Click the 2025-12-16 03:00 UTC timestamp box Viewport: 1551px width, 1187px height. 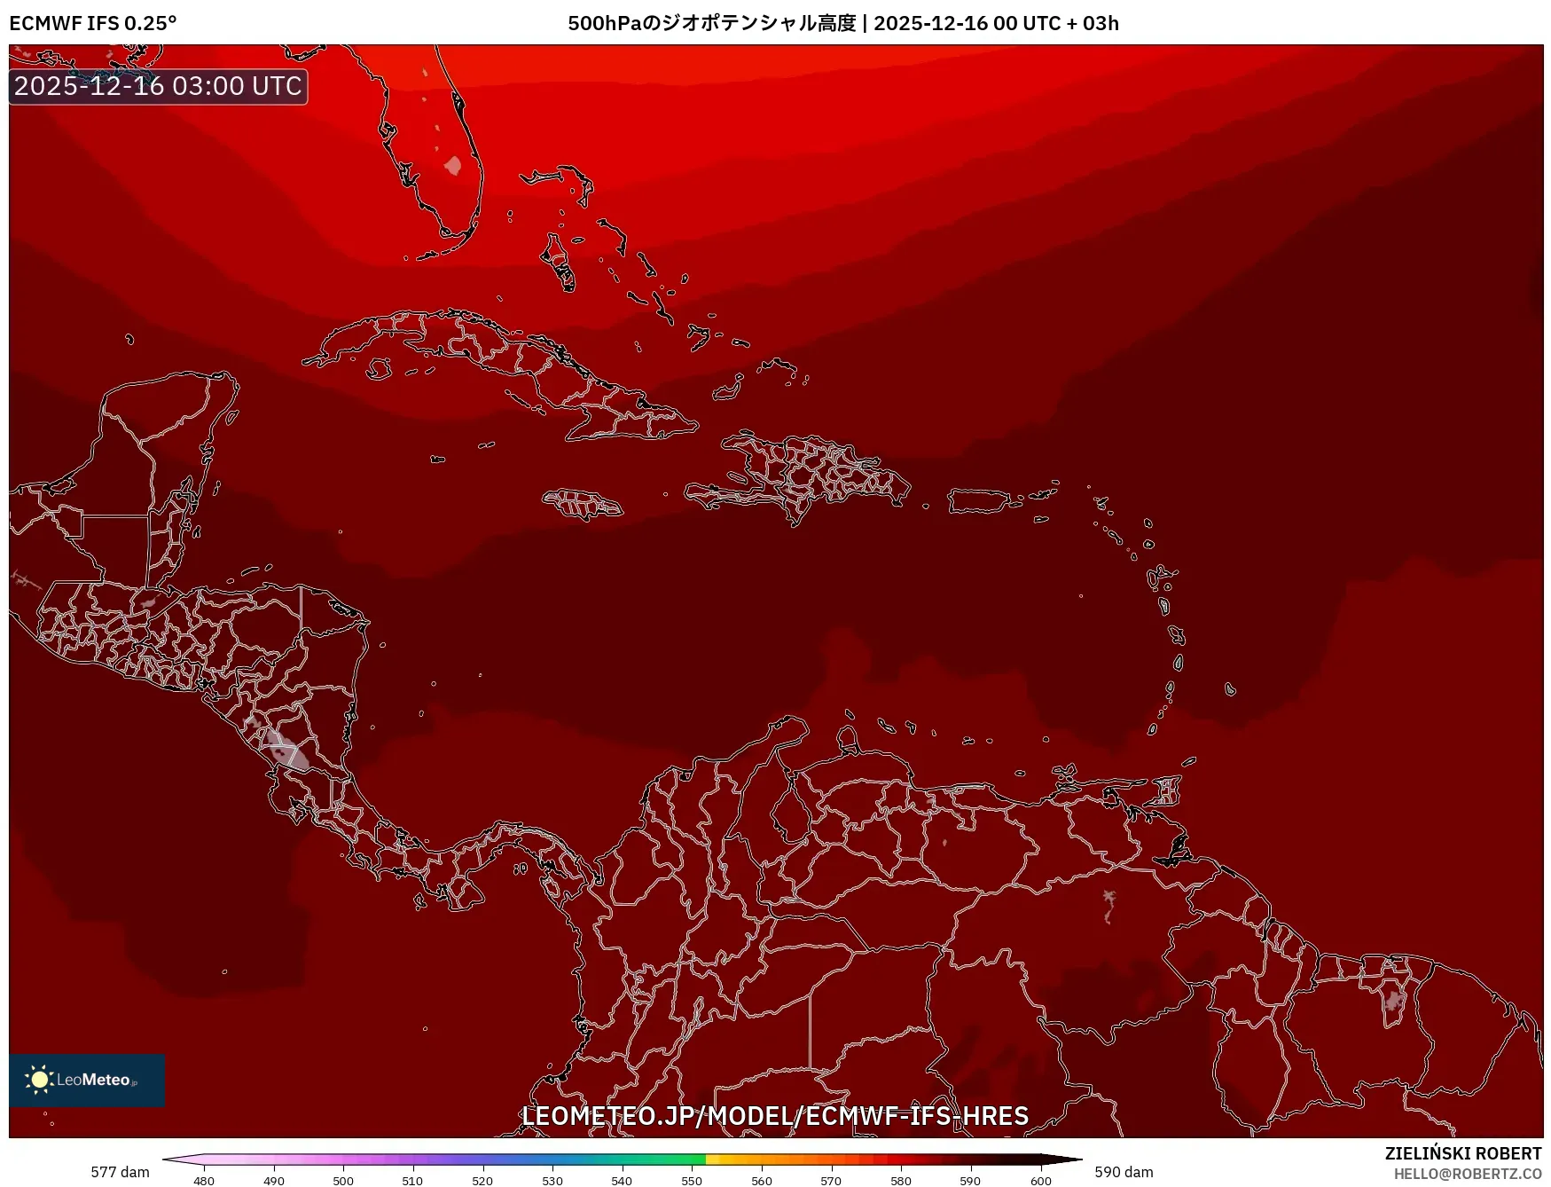(x=158, y=86)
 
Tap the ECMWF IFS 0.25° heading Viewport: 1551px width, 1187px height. (x=93, y=23)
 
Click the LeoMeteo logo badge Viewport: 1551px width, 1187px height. (x=87, y=1080)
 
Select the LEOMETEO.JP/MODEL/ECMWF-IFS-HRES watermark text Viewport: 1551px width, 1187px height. (x=774, y=1116)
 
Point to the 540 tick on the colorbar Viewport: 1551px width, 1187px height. (x=622, y=1180)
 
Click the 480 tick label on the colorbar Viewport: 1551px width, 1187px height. (x=204, y=1180)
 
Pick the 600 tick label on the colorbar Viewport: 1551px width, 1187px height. (x=1041, y=1180)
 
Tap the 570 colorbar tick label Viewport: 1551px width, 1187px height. (x=831, y=1180)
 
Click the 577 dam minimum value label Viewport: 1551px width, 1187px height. (x=121, y=1172)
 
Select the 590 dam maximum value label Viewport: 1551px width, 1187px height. (x=1124, y=1172)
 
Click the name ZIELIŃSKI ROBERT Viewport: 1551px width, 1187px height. (x=1463, y=1153)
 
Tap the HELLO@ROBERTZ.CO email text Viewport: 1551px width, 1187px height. (x=1468, y=1174)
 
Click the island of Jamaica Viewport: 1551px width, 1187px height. (x=582, y=505)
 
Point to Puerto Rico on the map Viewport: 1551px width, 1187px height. (x=980, y=501)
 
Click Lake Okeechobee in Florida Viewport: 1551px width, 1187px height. (x=453, y=165)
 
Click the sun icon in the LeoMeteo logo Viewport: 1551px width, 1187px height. (x=40, y=1079)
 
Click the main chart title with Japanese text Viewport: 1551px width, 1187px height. (x=842, y=23)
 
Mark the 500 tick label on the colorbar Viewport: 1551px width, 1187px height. (x=343, y=1180)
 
